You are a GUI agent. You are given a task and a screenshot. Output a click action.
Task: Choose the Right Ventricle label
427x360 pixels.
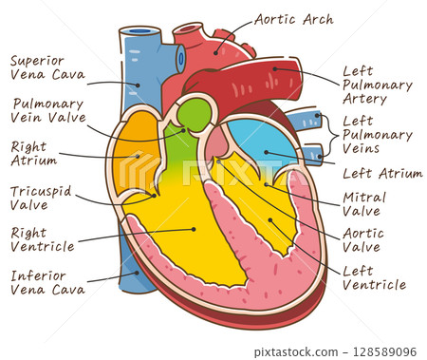click(42, 238)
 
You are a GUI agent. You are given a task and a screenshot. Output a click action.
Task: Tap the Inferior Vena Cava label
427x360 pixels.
click(46, 281)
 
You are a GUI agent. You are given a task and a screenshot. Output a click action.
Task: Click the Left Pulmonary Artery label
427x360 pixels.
click(377, 85)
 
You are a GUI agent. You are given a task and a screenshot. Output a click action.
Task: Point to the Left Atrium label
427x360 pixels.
click(381, 173)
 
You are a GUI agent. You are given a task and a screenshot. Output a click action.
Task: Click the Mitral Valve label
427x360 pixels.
click(362, 203)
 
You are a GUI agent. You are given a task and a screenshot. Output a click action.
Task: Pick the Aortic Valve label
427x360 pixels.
click(362, 239)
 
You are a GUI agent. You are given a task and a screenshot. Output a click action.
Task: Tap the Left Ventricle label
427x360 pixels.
click(372, 277)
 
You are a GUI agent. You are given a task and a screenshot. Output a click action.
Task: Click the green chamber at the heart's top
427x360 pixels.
click(194, 115)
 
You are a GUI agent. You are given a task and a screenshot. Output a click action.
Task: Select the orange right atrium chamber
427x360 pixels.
click(133, 152)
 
